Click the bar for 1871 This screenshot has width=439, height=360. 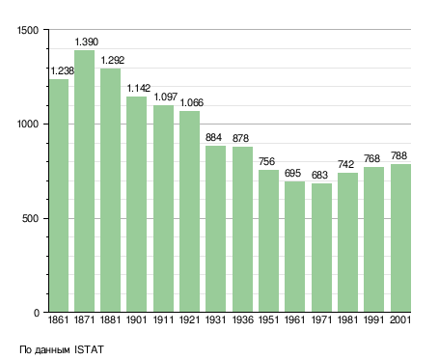(x=85, y=180)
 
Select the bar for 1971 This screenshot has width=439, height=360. (x=321, y=248)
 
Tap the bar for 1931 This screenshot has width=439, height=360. (x=215, y=229)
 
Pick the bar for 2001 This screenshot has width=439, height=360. (x=400, y=238)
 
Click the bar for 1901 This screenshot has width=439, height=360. (x=136, y=204)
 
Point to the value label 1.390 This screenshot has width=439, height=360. (x=87, y=42)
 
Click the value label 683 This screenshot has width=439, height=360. (x=319, y=175)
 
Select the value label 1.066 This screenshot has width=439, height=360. (x=192, y=102)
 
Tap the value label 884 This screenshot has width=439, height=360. (x=213, y=137)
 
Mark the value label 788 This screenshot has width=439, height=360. (x=398, y=155)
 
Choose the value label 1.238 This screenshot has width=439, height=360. (x=63, y=70)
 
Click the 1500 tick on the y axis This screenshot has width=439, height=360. (x=28, y=30)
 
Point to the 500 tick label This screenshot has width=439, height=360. (x=30, y=218)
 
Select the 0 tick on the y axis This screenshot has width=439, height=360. (x=37, y=313)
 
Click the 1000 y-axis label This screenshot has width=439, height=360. (x=28, y=124)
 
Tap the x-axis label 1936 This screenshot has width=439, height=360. (x=243, y=319)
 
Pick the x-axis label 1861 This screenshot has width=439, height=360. (x=58, y=319)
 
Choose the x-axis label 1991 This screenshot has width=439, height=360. (x=374, y=319)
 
